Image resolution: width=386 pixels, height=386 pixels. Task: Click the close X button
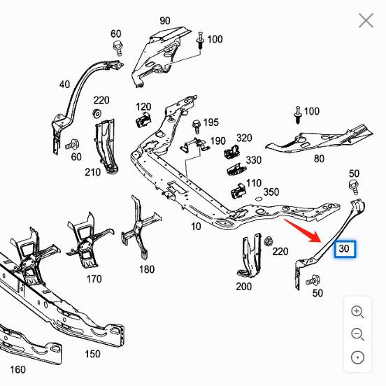[366, 20]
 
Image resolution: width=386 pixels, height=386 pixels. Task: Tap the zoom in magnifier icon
[357, 312]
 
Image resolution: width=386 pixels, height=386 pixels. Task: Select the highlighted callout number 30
[345, 248]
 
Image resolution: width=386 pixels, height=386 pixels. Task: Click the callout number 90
[165, 20]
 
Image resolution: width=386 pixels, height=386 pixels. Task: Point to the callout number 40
[64, 85]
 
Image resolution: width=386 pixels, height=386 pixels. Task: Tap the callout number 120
[143, 107]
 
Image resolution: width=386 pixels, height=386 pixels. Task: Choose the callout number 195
[210, 122]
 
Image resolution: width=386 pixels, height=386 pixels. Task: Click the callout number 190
[217, 141]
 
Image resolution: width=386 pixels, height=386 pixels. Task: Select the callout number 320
[244, 138]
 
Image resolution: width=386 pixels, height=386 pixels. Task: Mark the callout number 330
[253, 160]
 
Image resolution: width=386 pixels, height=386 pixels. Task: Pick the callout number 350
[271, 192]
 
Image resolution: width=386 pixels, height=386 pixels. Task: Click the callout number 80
[319, 159]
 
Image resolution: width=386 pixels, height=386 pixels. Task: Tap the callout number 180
[147, 269]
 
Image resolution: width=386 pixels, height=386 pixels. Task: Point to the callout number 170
[93, 280]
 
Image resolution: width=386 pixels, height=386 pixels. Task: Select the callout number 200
[243, 286]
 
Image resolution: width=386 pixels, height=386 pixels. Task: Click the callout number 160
[17, 369]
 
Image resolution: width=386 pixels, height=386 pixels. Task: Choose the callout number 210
[92, 172]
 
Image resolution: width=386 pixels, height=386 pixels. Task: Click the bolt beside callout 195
[196, 125]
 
